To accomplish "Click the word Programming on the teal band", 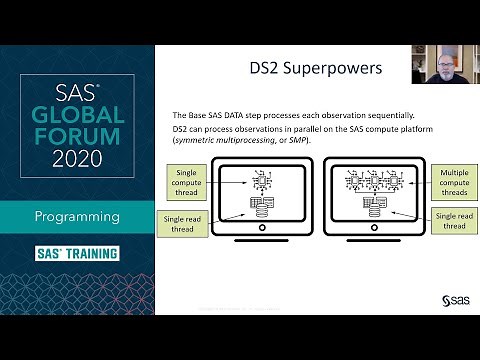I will click(x=78, y=216).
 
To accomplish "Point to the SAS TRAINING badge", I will click(x=78, y=253).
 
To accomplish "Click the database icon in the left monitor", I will click(x=262, y=206).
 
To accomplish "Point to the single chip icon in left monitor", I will click(x=262, y=179).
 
